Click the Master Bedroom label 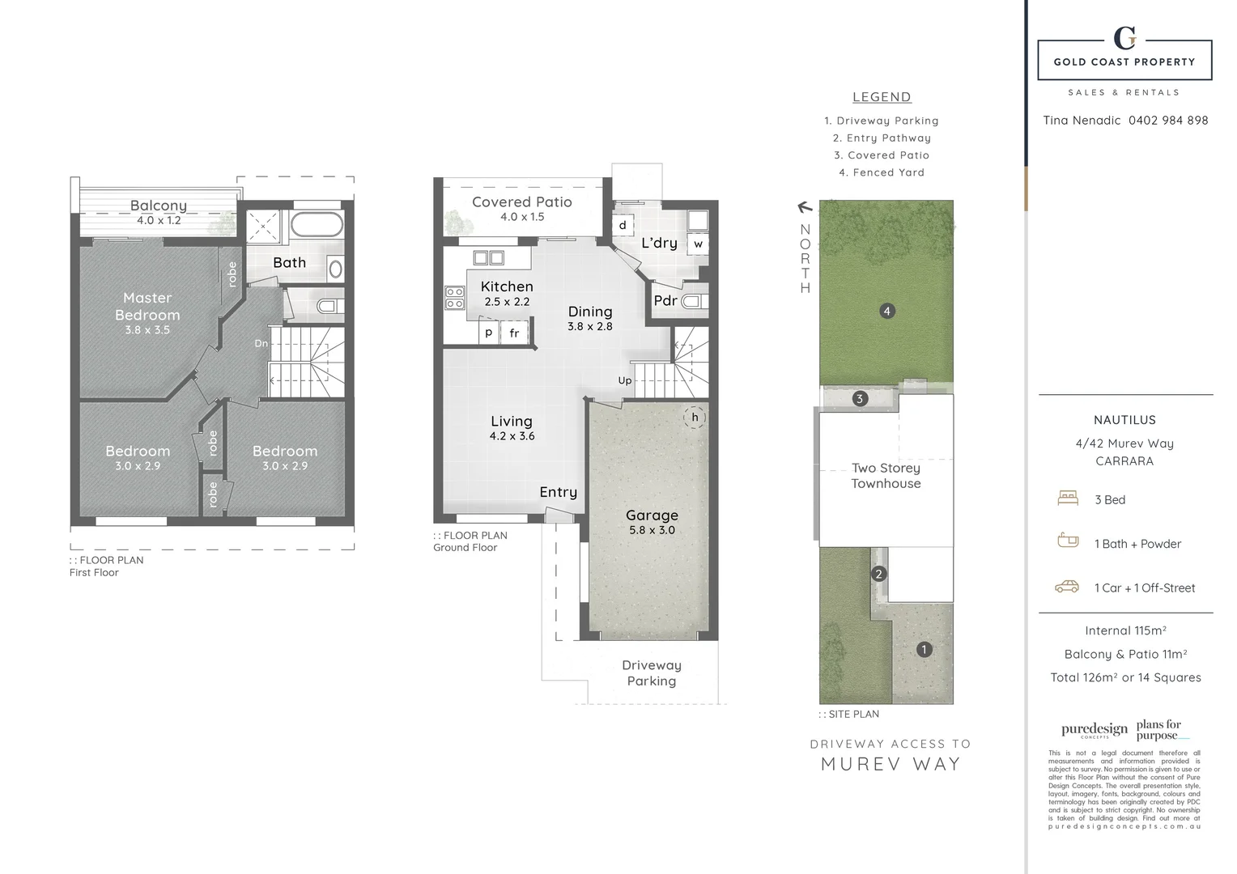(x=147, y=307)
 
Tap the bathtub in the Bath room (x=317, y=224)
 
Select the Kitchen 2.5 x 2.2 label (x=507, y=293)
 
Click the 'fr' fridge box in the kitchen (x=514, y=333)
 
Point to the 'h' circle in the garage (x=695, y=418)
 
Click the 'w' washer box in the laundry (x=698, y=243)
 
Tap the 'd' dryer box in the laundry (x=622, y=225)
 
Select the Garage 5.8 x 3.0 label (x=652, y=521)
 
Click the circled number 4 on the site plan (x=887, y=311)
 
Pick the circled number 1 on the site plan (x=924, y=649)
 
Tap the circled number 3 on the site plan (x=860, y=398)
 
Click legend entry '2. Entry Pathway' (x=882, y=138)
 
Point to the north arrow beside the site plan (x=805, y=208)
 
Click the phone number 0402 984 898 (x=1167, y=121)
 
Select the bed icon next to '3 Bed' (x=1068, y=499)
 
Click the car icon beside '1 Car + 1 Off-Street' (x=1067, y=587)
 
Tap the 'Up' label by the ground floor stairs (x=625, y=380)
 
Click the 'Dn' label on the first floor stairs (x=261, y=343)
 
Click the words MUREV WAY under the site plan (x=891, y=764)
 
